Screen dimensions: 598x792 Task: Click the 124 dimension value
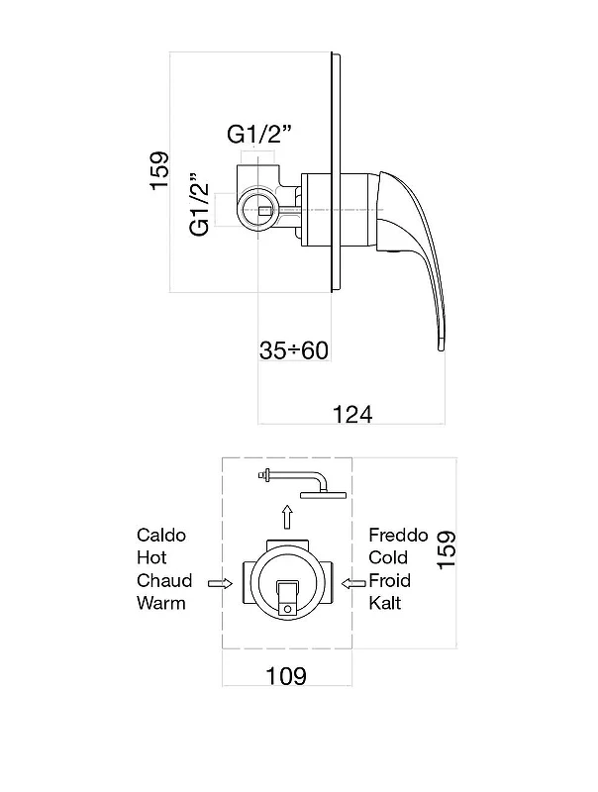point(352,414)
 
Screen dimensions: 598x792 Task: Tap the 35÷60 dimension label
point(294,350)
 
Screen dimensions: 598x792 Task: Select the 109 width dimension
point(286,675)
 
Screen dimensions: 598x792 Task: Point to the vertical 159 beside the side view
point(159,170)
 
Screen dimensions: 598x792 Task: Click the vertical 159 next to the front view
point(447,550)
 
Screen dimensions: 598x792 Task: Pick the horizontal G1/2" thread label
point(259,135)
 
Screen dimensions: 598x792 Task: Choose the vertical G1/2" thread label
point(200,205)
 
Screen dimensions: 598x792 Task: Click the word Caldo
point(161,535)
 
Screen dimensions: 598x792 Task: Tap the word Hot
point(151,557)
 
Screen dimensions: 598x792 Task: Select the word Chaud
point(164,580)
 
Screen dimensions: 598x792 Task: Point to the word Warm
point(161,603)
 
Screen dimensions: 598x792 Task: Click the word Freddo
point(398,535)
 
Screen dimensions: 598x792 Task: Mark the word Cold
point(388,557)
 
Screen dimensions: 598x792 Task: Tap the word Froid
point(389,580)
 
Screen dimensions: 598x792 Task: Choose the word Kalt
point(385,603)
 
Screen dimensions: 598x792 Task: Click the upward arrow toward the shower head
point(287,516)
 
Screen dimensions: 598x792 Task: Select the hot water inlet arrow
point(220,584)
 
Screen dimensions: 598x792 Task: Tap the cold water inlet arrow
point(353,584)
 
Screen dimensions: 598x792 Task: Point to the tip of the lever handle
point(441,348)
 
